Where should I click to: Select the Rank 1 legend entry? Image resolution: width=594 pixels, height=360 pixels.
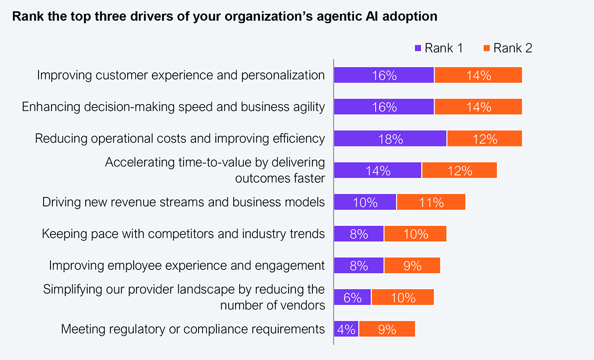(x=439, y=48)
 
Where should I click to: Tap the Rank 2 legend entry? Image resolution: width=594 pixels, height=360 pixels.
(x=507, y=48)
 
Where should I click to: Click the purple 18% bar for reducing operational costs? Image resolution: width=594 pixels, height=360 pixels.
(x=390, y=139)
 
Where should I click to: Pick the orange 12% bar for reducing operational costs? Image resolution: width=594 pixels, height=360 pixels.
(x=484, y=139)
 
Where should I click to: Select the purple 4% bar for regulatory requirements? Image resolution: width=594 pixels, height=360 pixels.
(x=346, y=329)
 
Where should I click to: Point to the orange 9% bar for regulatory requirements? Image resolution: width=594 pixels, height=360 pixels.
(x=387, y=329)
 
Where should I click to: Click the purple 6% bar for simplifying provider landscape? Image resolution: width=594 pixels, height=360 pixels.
(x=352, y=297)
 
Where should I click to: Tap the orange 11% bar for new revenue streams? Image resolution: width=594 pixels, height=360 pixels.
(x=431, y=202)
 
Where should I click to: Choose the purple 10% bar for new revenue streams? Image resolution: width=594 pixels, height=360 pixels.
(x=365, y=202)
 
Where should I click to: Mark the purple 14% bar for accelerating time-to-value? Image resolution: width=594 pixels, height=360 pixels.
(x=378, y=170)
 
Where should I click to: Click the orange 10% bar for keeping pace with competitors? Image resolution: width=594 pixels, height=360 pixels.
(x=415, y=234)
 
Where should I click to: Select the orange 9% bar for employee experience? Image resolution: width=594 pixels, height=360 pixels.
(x=412, y=265)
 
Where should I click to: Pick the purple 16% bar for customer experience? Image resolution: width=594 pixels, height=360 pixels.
(x=384, y=75)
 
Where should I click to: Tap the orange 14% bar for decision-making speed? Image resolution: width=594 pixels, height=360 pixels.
(x=478, y=107)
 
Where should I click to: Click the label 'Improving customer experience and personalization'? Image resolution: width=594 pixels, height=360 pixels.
(x=181, y=75)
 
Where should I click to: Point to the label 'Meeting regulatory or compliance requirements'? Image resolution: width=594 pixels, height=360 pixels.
(x=193, y=329)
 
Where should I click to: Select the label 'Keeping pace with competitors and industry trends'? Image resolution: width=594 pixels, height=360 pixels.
(x=183, y=234)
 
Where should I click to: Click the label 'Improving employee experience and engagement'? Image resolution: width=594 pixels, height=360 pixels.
(x=187, y=265)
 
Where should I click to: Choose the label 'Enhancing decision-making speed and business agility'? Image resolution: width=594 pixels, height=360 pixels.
(x=174, y=107)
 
